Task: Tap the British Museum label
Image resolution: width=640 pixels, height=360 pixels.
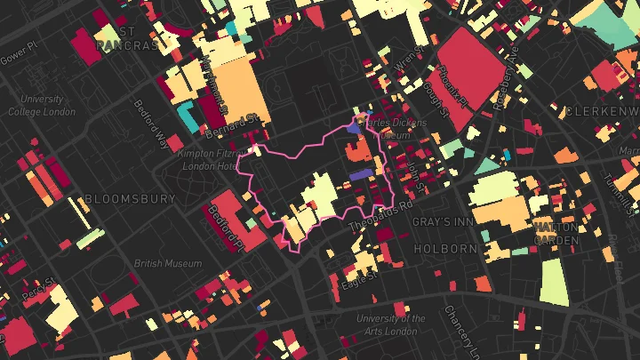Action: tap(168, 264)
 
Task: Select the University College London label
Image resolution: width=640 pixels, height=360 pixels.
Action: tap(42, 106)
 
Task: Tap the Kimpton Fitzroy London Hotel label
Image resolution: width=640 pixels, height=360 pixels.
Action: tap(210, 160)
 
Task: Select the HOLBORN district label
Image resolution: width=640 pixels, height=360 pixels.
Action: tap(445, 250)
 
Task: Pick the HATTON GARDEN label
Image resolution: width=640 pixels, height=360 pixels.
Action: tap(556, 234)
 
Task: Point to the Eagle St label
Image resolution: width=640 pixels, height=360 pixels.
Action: tap(360, 280)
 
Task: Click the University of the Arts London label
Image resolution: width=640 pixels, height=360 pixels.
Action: tap(390, 324)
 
